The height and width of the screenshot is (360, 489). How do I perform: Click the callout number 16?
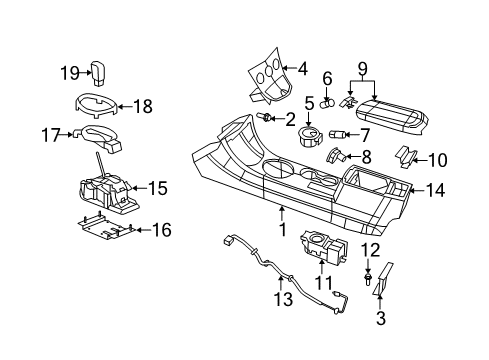(x=161, y=230)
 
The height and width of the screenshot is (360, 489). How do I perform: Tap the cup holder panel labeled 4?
(x=264, y=75)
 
